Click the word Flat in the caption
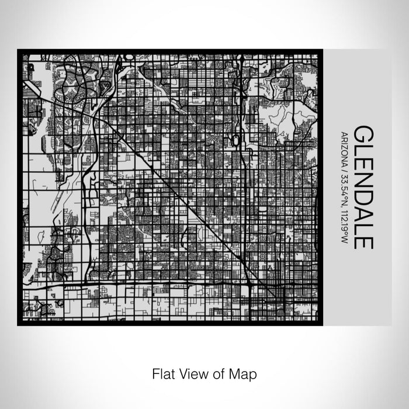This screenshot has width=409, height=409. pos(162,373)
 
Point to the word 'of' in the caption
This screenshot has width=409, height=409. pos(214,373)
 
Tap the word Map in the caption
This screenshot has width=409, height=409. pos(240,373)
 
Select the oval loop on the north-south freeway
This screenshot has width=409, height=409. pos(235,141)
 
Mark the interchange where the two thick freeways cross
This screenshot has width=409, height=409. pos(250,285)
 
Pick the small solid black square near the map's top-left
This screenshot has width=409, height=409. pos(29,68)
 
